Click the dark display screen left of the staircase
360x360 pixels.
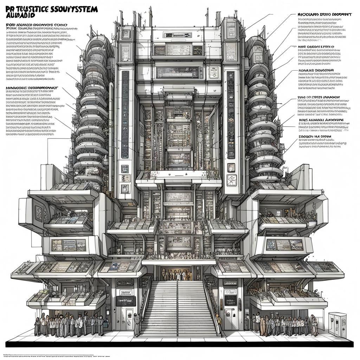tap(126, 301)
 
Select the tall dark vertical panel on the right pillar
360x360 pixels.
tap(231, 115)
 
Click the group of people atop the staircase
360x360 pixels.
tap(178, 275)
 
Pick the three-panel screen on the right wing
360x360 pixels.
tap(284, 245)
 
